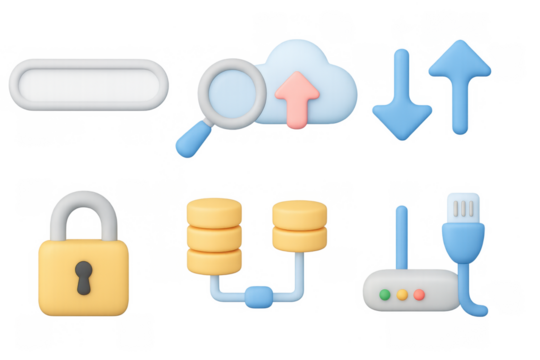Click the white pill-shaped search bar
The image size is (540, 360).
(x=88, y=84)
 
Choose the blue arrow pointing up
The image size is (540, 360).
(x=459, y=85)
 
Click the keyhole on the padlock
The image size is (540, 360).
(x=82, y=274)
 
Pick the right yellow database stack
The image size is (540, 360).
(x=299, y=226)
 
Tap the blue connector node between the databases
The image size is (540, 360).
(x=258, y=295)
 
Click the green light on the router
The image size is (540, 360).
(x=385, y=295)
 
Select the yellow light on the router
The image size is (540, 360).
(x=402, y=295)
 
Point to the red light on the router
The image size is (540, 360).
(x=419, y=295)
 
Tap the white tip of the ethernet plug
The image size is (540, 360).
(x=463, y=206)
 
